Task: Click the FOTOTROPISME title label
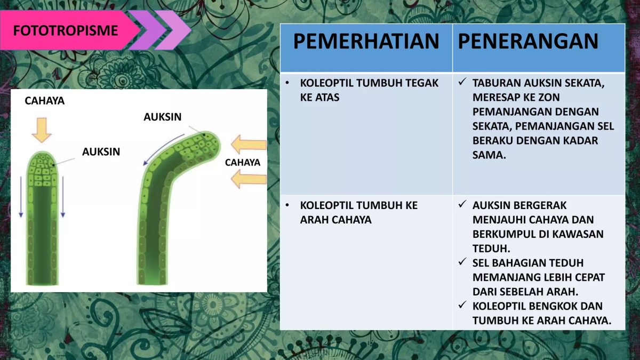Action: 65,30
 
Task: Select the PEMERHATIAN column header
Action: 366,42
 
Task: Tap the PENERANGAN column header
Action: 528,42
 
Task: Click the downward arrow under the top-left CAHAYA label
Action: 42,130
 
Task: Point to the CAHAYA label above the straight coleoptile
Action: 45,100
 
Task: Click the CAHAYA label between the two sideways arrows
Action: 243,163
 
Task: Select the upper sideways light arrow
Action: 249,144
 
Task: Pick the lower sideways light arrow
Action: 249,180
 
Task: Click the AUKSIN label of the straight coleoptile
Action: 101,152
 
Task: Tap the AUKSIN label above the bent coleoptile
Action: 163,117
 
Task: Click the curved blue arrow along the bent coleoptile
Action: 160,147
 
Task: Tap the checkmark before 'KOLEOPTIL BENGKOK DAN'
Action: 462,306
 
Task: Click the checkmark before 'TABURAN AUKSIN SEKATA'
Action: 462,83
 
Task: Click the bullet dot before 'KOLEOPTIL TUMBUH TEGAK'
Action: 288,83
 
